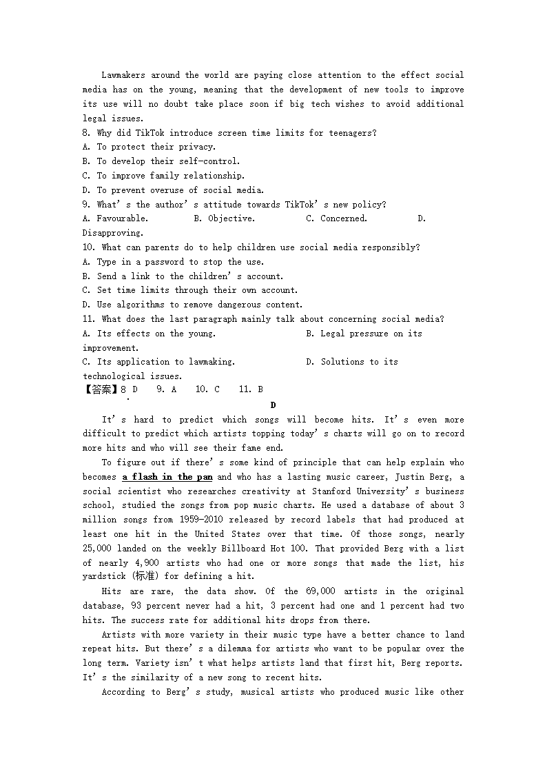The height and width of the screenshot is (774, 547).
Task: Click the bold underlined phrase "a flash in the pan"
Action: click(x=167, y=477)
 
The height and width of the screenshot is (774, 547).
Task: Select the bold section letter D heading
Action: click(x=273, y=405)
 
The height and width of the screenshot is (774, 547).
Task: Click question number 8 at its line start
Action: click(x=86, y=133)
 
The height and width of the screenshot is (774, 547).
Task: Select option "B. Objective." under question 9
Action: click(x=224, y=218)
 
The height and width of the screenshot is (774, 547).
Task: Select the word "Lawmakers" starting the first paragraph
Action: click(x=123, y=75)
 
